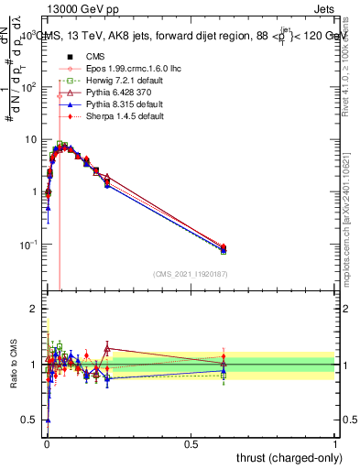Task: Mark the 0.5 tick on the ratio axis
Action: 30,420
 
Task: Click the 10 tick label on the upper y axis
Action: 31,139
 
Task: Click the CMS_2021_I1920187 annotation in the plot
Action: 190,273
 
